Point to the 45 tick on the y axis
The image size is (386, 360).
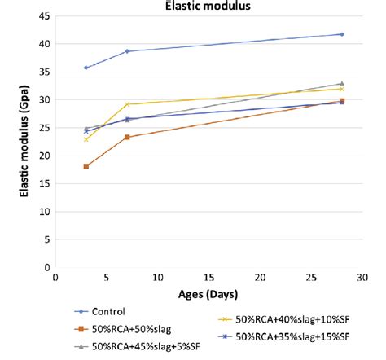(43, 15)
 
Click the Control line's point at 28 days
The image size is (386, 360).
(341, 34)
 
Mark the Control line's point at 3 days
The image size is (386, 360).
(86, 68)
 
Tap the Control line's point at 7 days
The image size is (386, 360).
(127, 51)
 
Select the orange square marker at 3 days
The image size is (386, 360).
(86, 166)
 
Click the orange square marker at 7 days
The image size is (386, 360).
(127, 137)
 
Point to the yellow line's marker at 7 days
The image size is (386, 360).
(127, 104)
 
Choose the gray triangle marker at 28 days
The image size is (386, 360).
(341, 84)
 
